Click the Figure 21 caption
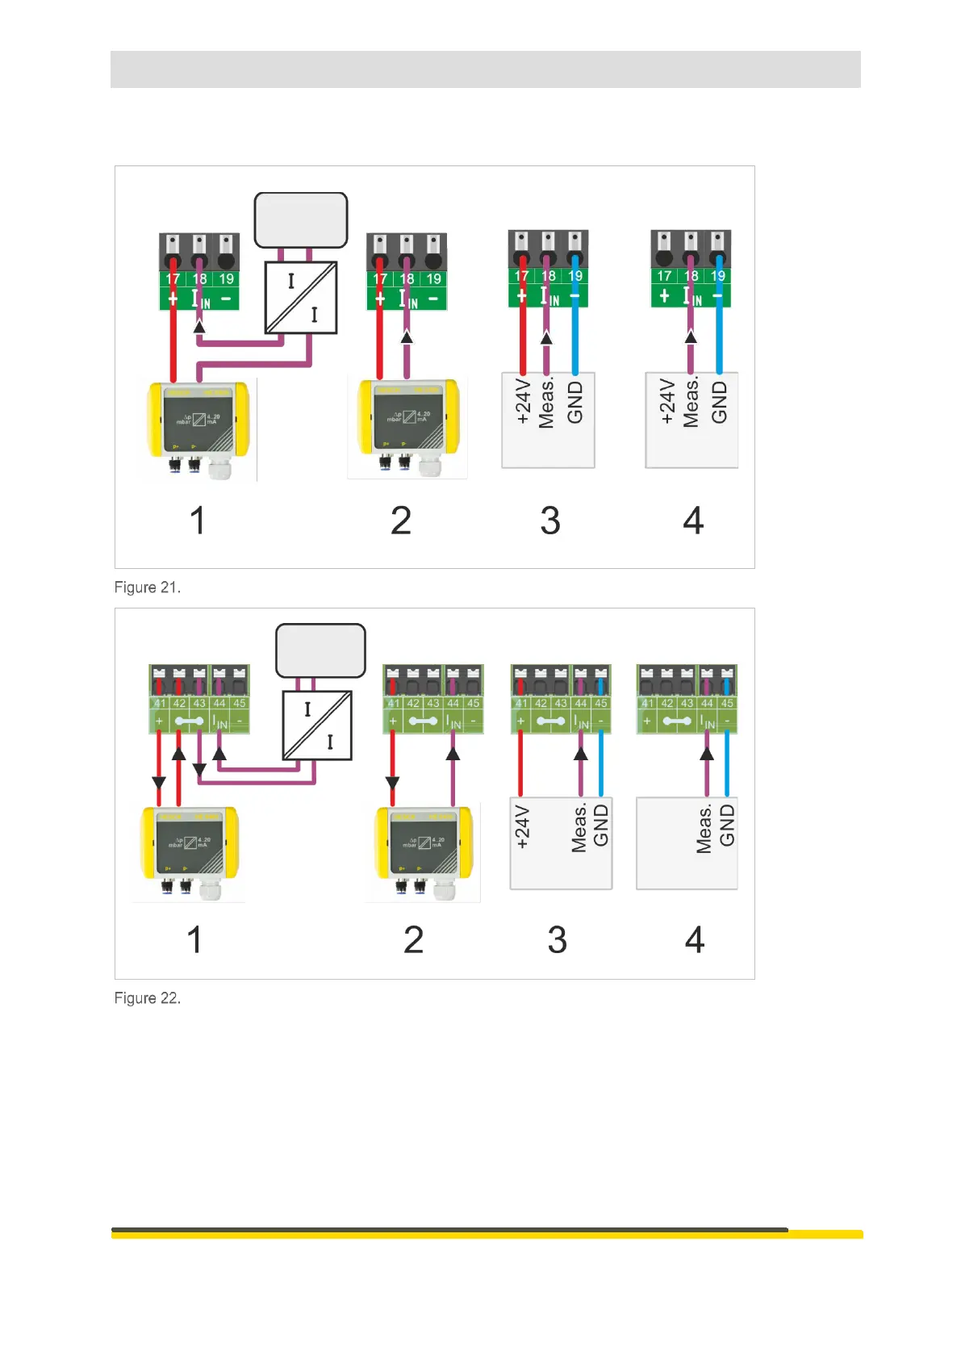tap(147, 588)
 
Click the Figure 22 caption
tap(147, 998)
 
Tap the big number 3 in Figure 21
tap(550, 521)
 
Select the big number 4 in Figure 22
tap(695, 940)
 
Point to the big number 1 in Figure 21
tap(198, 521)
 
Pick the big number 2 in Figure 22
tap(413, 940)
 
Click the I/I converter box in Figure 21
tap(301, 298)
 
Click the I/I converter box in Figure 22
tap(317, 725)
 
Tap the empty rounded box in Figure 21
tap(301, 220)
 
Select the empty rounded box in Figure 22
tap(320, 650)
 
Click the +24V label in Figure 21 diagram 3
tap(523, 402)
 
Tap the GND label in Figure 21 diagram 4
tap(719, 402)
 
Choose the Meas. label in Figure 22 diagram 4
tap(704, 828)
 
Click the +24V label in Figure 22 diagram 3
tap(522, 827)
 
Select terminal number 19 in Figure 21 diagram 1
tap(227, 279)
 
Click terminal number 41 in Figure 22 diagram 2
tap(393, 703)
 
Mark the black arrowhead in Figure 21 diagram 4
tap(691, 337)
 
